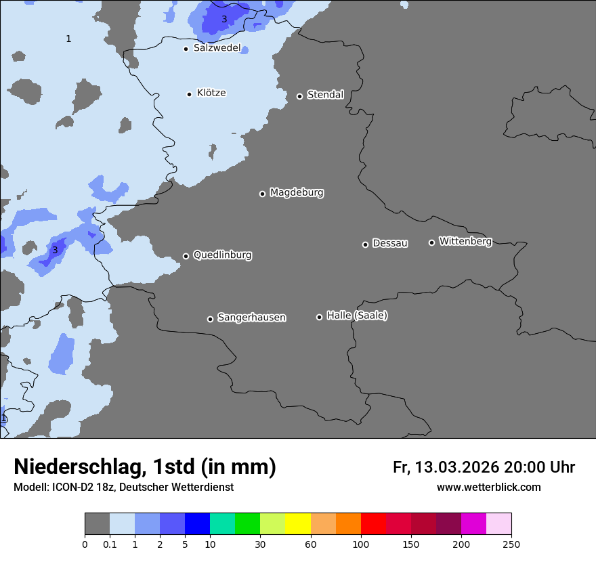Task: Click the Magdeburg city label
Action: coord(297,193)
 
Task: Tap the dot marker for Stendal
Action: coord(299,96)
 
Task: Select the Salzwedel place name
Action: coord(217,48)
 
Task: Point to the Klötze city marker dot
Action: coord(189,94)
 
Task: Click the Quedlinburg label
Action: coord(222,255)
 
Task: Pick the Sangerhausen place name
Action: coord(251,318)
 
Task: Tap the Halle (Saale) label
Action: coord(357,316)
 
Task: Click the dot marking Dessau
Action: coord(365,244)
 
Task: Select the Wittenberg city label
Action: coord(465,241)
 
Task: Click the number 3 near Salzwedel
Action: coord(224,20)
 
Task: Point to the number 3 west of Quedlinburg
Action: coord(55,251)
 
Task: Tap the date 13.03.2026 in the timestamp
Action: coord(457,467)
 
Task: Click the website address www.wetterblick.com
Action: coord(488,488)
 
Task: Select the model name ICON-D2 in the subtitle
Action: coord(72,488)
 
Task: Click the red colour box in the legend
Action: coord(373,524)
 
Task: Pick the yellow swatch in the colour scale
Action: coord(298,524)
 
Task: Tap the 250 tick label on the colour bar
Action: coord(511,544)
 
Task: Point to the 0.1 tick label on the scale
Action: coord(110,544)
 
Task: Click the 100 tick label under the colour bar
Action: coord(361,544)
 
